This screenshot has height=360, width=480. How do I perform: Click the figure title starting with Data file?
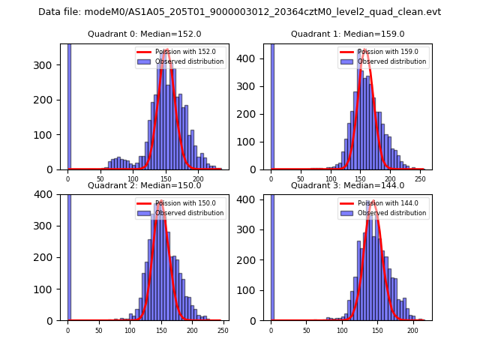point(239,12)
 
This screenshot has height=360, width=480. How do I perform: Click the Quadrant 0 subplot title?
point(144,34)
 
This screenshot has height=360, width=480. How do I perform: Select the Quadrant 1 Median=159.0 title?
point(347,34)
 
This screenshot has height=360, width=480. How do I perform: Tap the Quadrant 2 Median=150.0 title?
point(144,185)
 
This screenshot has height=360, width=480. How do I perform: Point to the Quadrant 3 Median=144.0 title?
point(347,185)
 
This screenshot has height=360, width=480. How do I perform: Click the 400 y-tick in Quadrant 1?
point(253,58)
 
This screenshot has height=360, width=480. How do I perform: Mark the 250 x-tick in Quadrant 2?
point(223,330)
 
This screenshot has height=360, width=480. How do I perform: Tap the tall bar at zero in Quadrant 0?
point(69,105)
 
